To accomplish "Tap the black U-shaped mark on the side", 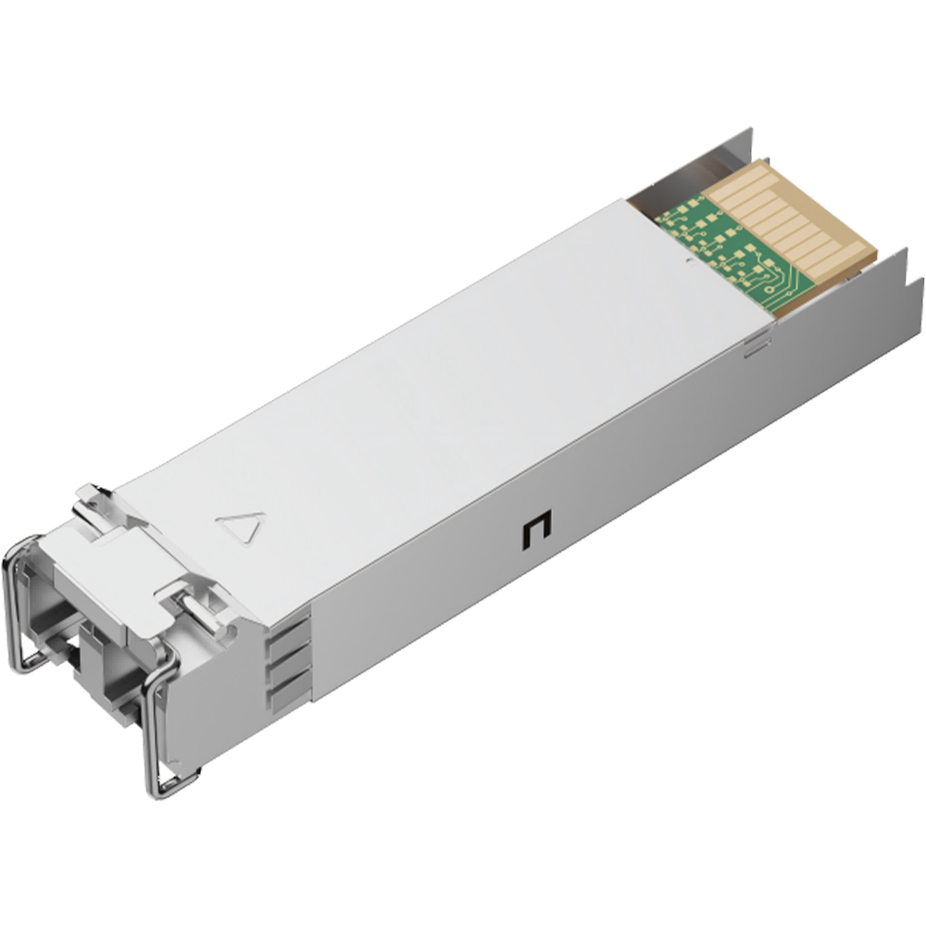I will click(x=535, y=532).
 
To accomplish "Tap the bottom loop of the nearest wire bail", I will click(x=171, y=785).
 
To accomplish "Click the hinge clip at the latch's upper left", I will click(x=94, y=499).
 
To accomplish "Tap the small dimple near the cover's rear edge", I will click(x=690, y=263).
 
